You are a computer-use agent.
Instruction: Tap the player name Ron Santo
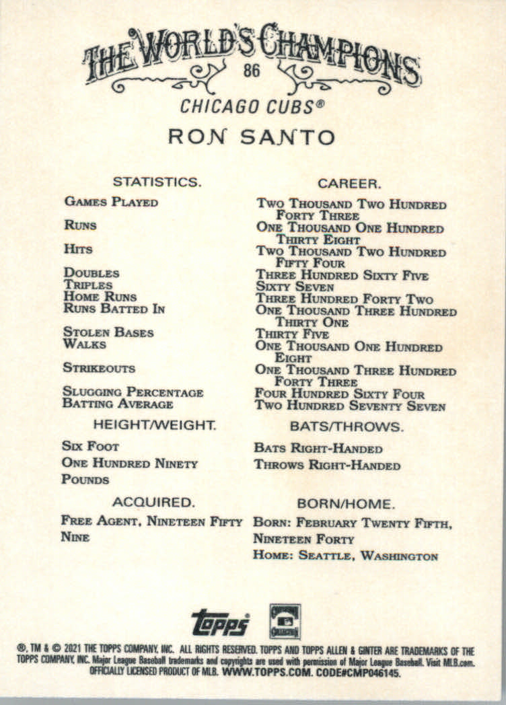pyautogui.click(x=252, y=137)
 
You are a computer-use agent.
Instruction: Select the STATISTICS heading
pyautogui.click(x=156, y=182)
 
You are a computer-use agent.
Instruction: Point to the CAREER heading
pyautogui.click(x=350, y=183)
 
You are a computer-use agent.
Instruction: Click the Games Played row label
pyautogui.click(x=110, y=202)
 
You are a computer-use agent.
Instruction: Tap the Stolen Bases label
pyautogui.click(x=108, y=332)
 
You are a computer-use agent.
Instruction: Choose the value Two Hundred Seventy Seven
pyautogui.click(x=349, y=406)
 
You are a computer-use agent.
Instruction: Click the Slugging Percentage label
pyautogui.click(x=133, y=392)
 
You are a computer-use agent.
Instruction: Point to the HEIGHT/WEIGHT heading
pyautogui.click(x=154, y=425)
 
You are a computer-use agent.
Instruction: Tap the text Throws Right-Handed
pyautogui.click(x=327, y=466)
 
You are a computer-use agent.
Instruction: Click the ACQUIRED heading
pyautogui.click(x=153, y=502)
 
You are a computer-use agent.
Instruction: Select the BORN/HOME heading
pyautogui.click(x=346, y=503)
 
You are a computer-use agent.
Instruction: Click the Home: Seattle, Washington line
pyautogui.click(x=345, y=556)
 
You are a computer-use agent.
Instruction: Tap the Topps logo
pyautogui.click(x=220, y=622)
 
